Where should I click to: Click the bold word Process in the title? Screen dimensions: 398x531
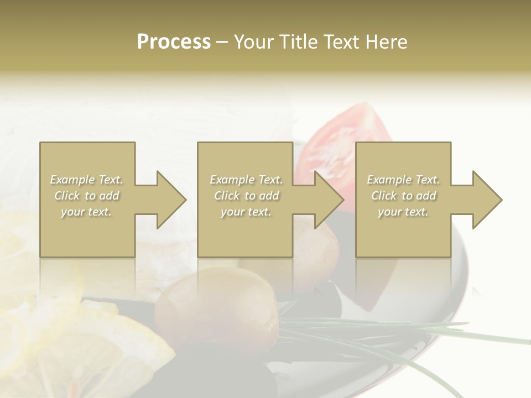coord(174,42)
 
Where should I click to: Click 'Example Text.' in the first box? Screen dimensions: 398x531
coord(86,180)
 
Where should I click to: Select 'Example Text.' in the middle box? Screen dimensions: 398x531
coord(246,180)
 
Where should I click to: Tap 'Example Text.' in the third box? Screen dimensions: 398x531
coord(403,180)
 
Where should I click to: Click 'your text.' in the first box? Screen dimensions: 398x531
coord(86,212)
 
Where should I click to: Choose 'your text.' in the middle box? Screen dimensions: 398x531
coord(246,212)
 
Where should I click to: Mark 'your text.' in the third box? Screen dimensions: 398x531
coord(403,212)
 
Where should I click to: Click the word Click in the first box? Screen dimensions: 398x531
coord(67,196)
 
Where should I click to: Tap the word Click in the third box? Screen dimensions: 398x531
coord(384,196)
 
